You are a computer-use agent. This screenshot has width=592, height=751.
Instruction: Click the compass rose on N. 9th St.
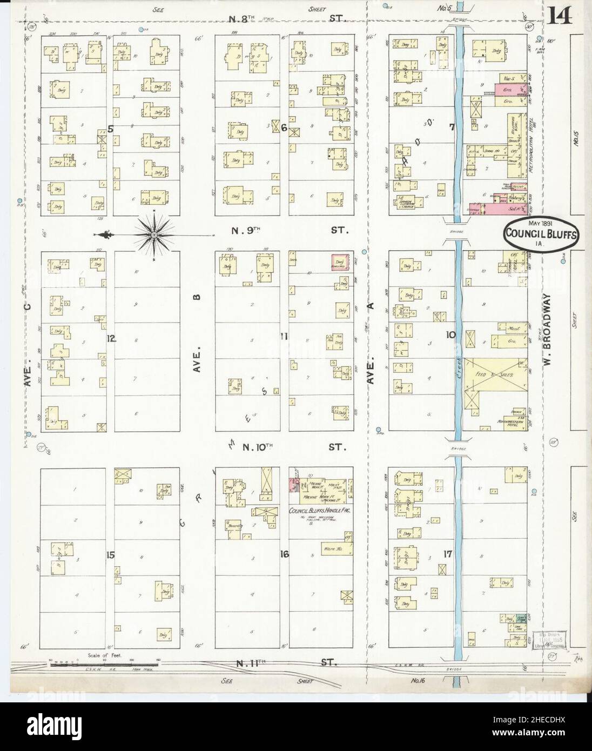153,234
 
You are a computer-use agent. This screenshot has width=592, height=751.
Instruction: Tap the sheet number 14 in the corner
563,18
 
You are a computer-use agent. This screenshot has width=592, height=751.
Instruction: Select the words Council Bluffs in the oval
541,234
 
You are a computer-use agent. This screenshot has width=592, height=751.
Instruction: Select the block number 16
284,554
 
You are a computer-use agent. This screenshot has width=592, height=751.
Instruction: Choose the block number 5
110,129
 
